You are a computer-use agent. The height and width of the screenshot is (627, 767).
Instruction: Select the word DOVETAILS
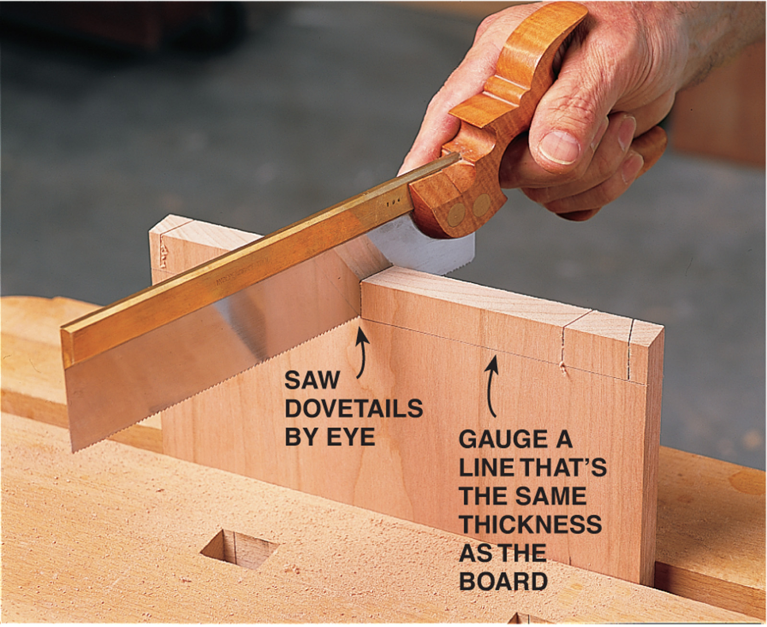(x=354, y=409)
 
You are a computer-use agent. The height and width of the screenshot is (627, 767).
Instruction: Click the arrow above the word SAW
(x=362, y=352)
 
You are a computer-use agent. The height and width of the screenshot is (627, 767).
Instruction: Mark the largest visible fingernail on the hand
(x=559, y=148)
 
